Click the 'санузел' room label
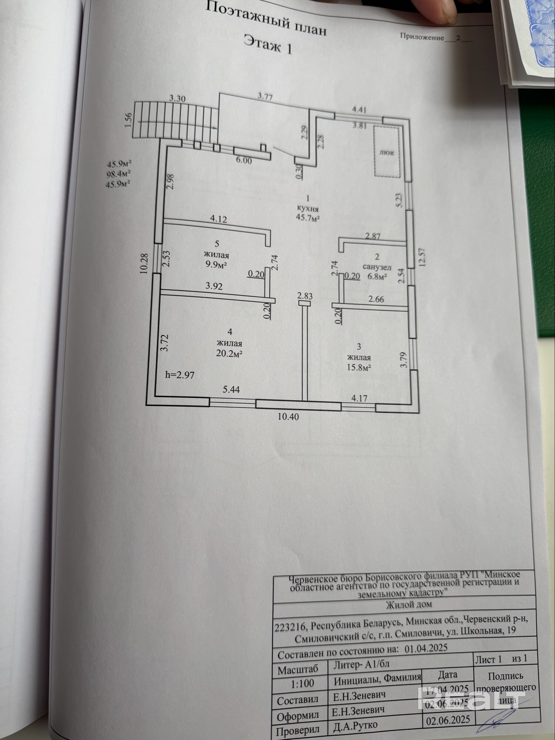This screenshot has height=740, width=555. [377, 267]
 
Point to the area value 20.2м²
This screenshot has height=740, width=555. [229, 353]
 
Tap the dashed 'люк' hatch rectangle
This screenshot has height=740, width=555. [387, 152]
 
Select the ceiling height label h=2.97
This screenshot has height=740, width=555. [179, 375]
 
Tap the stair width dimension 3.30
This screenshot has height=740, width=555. [177, 98]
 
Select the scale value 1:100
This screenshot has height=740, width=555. [302, 683]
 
